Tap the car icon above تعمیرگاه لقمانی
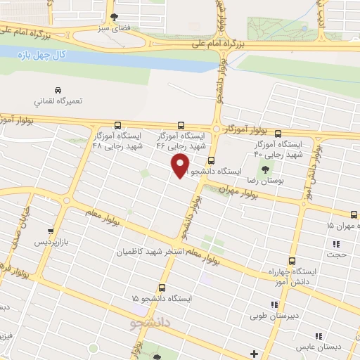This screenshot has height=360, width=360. [58, 89]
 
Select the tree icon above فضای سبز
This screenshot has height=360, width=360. [115, 17]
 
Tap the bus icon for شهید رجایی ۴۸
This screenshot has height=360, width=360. [117, 124]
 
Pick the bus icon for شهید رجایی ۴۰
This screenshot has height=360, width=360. [278, 133]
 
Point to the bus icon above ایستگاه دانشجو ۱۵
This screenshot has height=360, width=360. [162, 288]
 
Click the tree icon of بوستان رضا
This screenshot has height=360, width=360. [264, 169]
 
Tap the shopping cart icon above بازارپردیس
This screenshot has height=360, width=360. [50, 231]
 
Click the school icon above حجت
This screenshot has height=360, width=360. [336, 244]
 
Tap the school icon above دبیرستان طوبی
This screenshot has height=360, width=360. [274, 304]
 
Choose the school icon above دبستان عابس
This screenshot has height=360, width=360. [319, 336]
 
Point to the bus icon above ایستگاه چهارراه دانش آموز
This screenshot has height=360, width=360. [292, 259]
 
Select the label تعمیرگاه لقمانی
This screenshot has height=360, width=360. [58, 101]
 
